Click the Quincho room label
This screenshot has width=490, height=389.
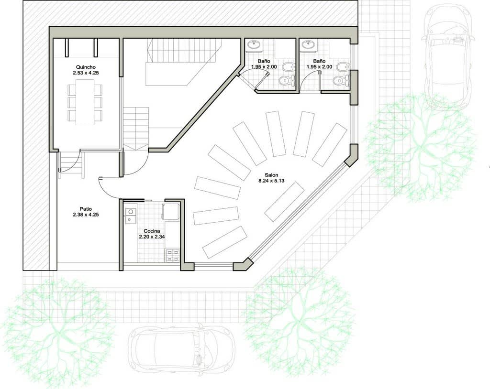pos(86,67)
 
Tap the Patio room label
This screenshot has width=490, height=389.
pos(86,209)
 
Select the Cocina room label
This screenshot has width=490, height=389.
pos(152,231)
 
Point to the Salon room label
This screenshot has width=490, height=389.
pos(271,175)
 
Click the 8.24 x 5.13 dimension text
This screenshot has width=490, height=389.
pos(271,181)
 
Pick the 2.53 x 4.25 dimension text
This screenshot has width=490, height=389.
pos(86,73)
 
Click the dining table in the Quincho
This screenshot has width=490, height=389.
pos(85,102)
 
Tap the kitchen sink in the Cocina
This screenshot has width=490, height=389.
pos(130,216)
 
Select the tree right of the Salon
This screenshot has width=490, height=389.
pos(420,147)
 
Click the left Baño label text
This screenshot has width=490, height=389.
pos(264,61)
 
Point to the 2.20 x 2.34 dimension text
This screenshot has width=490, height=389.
pos(152,237)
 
